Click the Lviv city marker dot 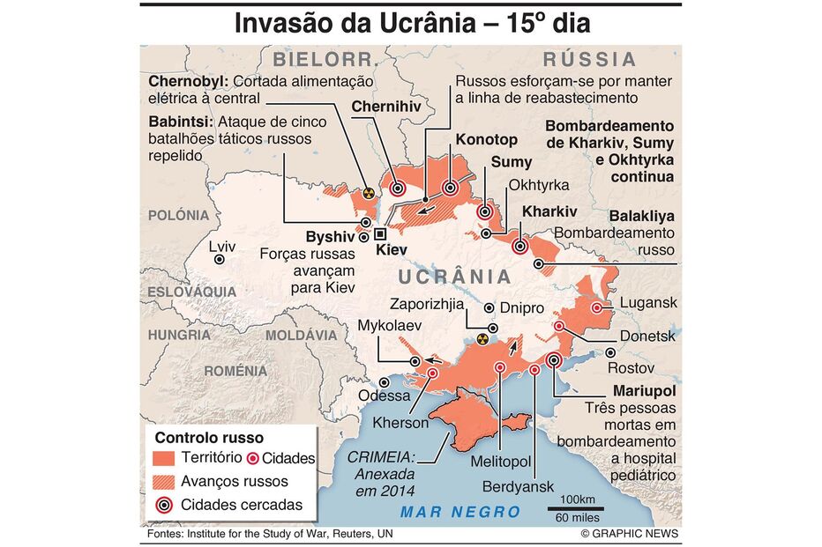220,260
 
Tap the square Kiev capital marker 380,234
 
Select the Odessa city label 384,395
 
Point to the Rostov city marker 610,352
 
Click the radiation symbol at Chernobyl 370,189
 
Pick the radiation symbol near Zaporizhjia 482,337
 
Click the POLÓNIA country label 179,215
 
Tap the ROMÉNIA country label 235,371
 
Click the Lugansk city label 648,303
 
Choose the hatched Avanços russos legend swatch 164,482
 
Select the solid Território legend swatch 164,458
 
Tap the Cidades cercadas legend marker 163,506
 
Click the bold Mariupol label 643,390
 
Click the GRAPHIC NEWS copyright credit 630,535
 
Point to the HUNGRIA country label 179,336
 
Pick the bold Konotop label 486,139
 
